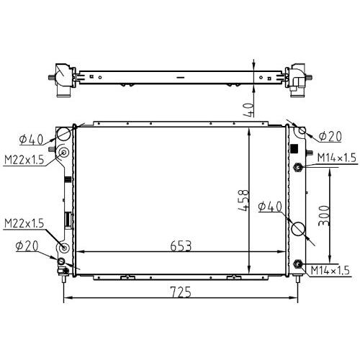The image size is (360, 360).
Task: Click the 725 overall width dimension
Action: click(x=181, y=292)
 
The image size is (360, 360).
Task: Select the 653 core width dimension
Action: click(x=181, y=246)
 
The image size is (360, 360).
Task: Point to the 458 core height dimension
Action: click(x=243, y=200)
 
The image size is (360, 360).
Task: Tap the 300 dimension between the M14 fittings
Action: click(x=324, y=215)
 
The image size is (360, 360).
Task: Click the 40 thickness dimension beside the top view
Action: click(x=248, y=109)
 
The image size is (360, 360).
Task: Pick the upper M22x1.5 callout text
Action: click(x=24, y=159)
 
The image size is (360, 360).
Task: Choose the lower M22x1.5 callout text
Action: click(x=24, y=223)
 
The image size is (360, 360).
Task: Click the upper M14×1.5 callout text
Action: click(x=336, y=158)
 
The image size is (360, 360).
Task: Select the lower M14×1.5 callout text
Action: click(x=330, y=270)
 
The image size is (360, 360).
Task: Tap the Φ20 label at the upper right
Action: click(x=330, y=136)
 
